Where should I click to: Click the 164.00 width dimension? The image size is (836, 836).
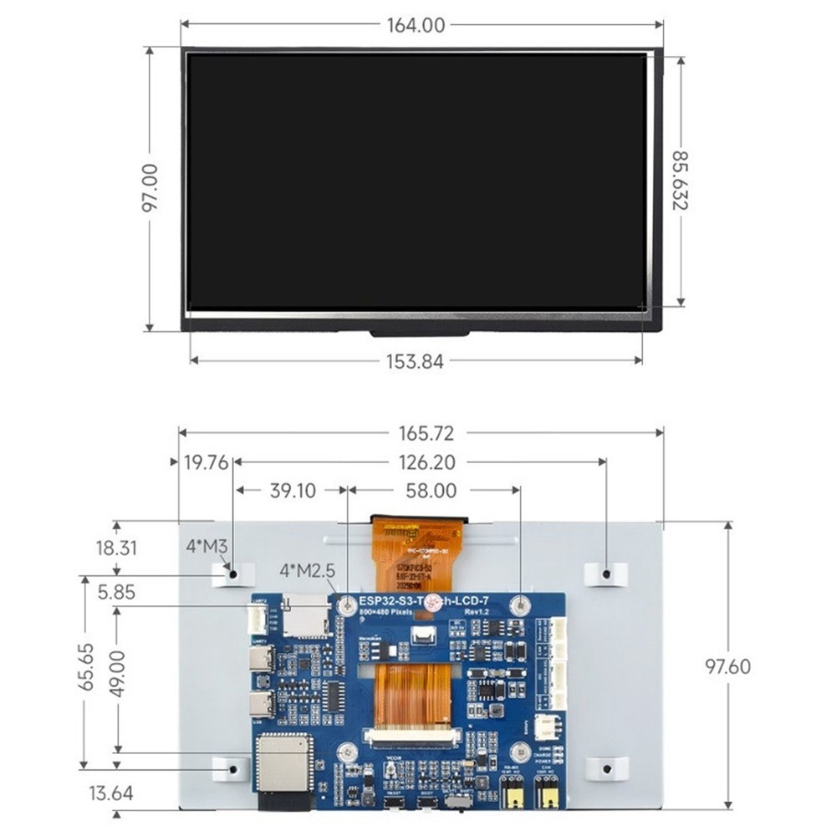tap(415, 25)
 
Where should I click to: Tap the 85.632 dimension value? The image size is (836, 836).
tap(681, 180)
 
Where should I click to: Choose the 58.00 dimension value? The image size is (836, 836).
tap(432, 491)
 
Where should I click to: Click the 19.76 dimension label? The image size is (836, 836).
tap(206, 462)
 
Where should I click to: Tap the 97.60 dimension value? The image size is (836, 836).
tap(727, 666)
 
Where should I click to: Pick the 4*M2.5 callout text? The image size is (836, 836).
tap(308, 571)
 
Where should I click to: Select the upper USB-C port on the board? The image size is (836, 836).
tap(260, 659)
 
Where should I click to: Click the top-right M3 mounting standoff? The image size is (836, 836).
tap(605, 573)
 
